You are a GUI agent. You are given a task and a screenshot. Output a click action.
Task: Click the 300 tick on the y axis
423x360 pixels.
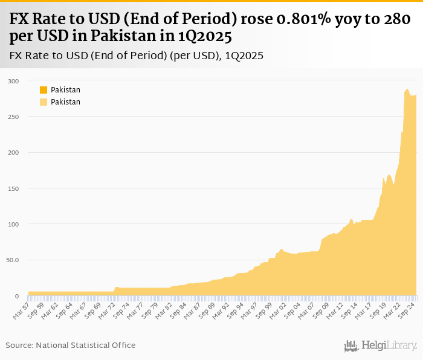(x=13, y=81)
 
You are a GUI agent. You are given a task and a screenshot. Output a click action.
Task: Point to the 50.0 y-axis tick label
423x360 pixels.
(x=13, y=260)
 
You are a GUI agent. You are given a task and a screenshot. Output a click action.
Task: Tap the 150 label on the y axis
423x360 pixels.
(x=13, y=188)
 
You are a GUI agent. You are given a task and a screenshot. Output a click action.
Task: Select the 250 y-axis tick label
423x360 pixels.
(x=13, y=117)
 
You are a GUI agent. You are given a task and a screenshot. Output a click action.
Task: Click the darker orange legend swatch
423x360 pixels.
(x=44, y=90)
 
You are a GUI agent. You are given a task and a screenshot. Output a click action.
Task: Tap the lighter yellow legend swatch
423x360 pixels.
(x=44, y=102)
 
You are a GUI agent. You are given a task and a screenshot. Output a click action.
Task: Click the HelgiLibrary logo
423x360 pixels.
(x=381, y=346)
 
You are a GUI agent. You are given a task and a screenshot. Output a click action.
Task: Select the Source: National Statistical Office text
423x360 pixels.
(x=71, y=346)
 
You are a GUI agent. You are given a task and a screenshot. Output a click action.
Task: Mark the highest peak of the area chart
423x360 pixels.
(x=407, y=89)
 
